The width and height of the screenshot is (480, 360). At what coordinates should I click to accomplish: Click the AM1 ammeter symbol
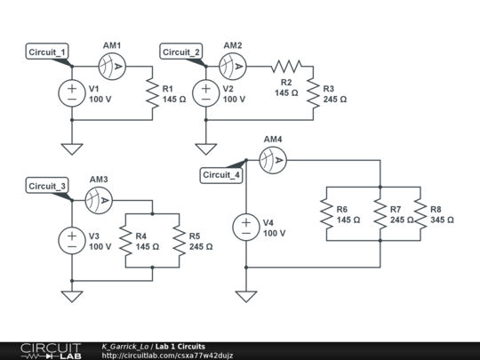115,66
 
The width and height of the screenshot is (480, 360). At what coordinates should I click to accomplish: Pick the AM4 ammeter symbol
271,160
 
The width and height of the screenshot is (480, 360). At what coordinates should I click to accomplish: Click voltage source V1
69,93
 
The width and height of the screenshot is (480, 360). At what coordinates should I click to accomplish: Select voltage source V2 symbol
204,93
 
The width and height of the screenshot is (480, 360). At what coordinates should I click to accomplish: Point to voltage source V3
69,239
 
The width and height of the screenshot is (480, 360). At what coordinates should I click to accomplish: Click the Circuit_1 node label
48,52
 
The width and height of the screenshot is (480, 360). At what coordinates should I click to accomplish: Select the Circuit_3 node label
48,186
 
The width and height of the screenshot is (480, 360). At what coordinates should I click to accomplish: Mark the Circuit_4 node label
221,174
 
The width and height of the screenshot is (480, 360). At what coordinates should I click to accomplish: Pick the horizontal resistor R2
286,66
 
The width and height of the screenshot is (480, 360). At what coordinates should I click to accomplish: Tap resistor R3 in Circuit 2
313,93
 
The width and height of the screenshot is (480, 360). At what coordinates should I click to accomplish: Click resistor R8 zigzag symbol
420,213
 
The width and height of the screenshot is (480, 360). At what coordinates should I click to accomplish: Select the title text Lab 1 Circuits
180,346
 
